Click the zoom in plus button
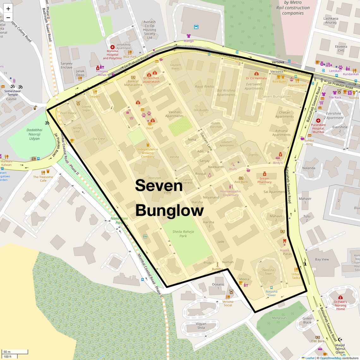tap(8, 9)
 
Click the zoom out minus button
tap(8, 18)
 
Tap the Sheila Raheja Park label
tap(183, 234)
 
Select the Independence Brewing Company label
tap(147, 153)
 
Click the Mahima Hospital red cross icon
tap(112, 47)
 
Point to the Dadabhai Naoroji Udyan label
tap(34, 134)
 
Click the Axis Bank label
tap(241, 182)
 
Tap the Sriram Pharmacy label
tap(264, 180)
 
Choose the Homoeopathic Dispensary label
tap(231, 193)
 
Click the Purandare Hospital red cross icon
tap(318, 121)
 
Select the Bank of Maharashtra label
tap(133, 83)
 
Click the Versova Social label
tap(228, 303)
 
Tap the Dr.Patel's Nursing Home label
tap(340, 305)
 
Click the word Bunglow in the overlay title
tap(170, 211)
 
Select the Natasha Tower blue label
tap(272, 293)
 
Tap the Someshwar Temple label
tap(13, 93)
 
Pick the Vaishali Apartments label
tap(174, 114)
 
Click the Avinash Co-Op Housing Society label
tap(149, 30)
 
